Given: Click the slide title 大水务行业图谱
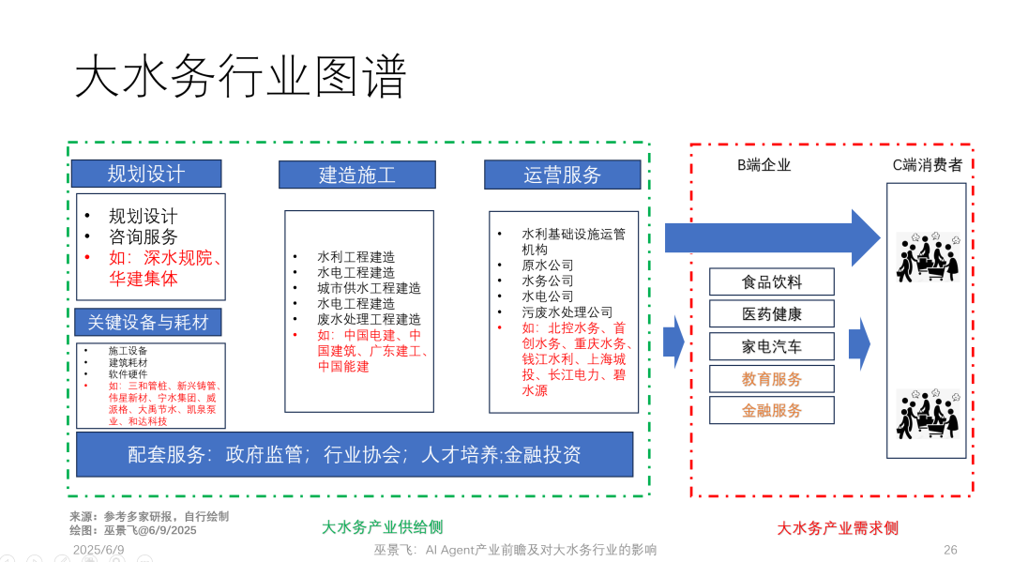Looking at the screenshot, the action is click(x=240, y=76).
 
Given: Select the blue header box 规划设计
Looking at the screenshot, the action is click(x=146, y=174).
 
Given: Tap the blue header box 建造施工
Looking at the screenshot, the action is click(x=357, y=175).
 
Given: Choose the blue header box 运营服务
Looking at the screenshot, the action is click(x=563, y=175).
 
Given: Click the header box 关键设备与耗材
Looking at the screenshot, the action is click(x=148, y=323).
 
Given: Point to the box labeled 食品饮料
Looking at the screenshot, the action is click(x=771, y=281).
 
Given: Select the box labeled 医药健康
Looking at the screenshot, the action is click(x=771, y=314).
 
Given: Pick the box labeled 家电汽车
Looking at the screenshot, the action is click(x=771, y=347).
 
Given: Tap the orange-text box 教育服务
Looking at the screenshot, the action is click(x=771, y=379).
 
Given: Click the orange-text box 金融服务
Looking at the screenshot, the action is click(x=771, y=410).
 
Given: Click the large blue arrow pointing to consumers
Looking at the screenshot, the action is click(x=773, y=237).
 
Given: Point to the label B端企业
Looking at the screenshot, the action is click(x=764, y=165).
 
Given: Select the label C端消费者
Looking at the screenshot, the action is click(x=927, y=165).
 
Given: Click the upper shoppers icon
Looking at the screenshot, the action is click(x=927, y=257).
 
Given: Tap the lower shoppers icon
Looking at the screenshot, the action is click(x=927, y=414).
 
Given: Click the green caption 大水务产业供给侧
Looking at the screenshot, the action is click(x=383, y=527).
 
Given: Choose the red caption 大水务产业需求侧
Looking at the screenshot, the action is click(x=838, y=528).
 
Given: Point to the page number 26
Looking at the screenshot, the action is click(x=950, y=550).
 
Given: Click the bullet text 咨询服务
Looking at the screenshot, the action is click(x=143, y=237).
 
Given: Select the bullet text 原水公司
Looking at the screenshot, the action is click(x=547, y=265).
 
